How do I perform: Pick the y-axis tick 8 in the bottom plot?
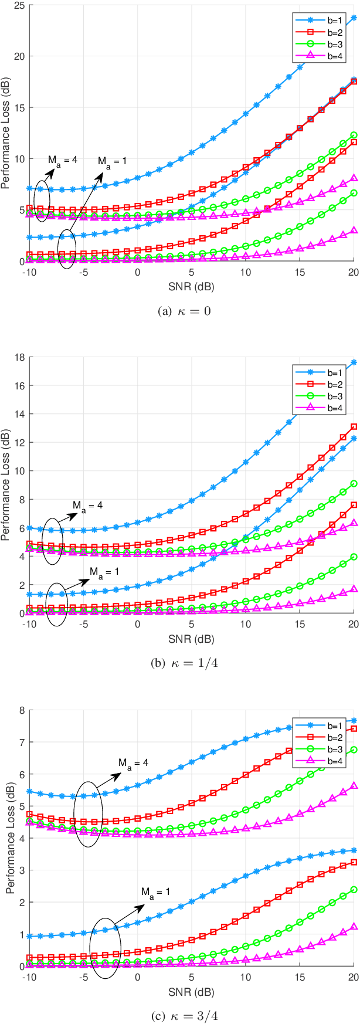tap(19, 710)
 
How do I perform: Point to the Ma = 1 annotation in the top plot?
tap(111, 161)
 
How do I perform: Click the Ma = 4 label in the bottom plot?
tap(133, 762)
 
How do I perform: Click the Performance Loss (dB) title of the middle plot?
tap(6, 486)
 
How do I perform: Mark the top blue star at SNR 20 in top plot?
tap(354, 18)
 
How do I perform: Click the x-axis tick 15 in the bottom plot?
tap(299, 977)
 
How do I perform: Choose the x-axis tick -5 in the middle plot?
tap(83, 625)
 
